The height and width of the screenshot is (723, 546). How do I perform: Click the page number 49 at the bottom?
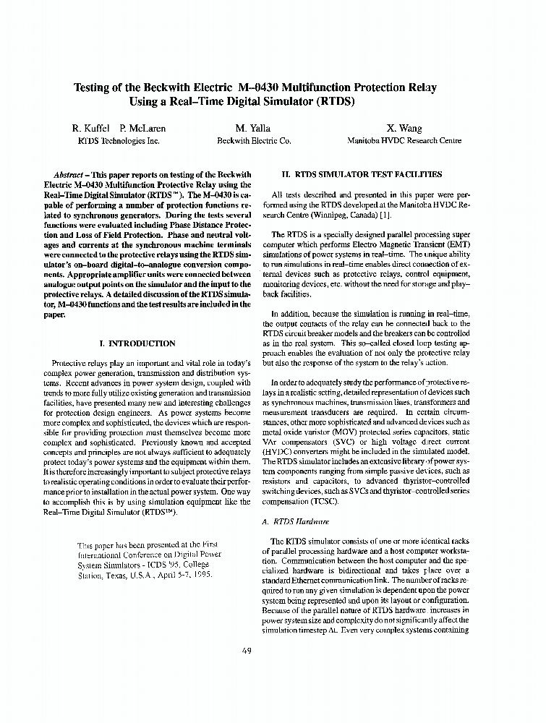(x=247, y=651)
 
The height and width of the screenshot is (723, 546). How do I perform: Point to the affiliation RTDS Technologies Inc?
(x=118, y=142)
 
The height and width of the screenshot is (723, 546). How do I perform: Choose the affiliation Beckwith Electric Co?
(x=254, y=142)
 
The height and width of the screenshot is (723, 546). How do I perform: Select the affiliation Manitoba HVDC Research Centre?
(x=404, y=142)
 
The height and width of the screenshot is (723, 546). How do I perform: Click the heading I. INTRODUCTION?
(x=137, y=343)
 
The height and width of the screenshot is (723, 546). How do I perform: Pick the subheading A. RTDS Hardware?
(x=299, y=521)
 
